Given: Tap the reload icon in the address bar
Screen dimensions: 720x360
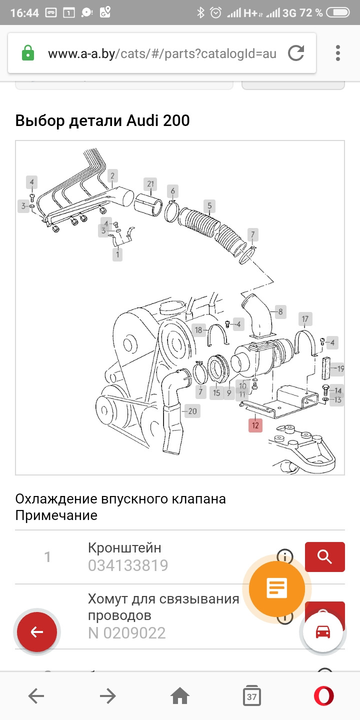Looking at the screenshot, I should [296, 53].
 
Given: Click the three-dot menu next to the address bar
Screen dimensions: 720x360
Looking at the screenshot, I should [338, 53].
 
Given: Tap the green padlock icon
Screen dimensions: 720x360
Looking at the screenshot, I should [28, 53].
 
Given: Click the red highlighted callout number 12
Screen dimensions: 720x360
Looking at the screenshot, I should [255, 425].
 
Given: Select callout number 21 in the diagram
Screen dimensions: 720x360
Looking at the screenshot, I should [150, 183].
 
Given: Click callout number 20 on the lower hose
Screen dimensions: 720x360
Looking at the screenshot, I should [192, 411].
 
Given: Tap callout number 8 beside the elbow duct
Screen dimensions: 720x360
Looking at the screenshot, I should [280, 312].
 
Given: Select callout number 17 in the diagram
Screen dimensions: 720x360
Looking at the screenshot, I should [305, 318].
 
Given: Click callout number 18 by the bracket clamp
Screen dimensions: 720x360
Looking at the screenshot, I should [199, 330].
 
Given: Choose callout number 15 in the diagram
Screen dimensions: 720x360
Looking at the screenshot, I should [216, 392].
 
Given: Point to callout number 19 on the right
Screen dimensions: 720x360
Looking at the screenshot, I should [340, 369].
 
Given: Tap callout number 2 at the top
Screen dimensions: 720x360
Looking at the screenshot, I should [112, 175].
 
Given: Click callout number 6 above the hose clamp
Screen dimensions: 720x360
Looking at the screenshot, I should [173, 190].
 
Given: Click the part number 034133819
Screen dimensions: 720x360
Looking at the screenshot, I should [128, 565].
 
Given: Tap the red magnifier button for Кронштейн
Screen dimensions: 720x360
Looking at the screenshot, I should [324, 556].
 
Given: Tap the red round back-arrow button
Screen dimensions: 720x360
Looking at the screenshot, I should [37, 632].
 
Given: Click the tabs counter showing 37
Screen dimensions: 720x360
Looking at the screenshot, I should [252, 696].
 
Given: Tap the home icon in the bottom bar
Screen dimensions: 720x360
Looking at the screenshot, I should [180, 696].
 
